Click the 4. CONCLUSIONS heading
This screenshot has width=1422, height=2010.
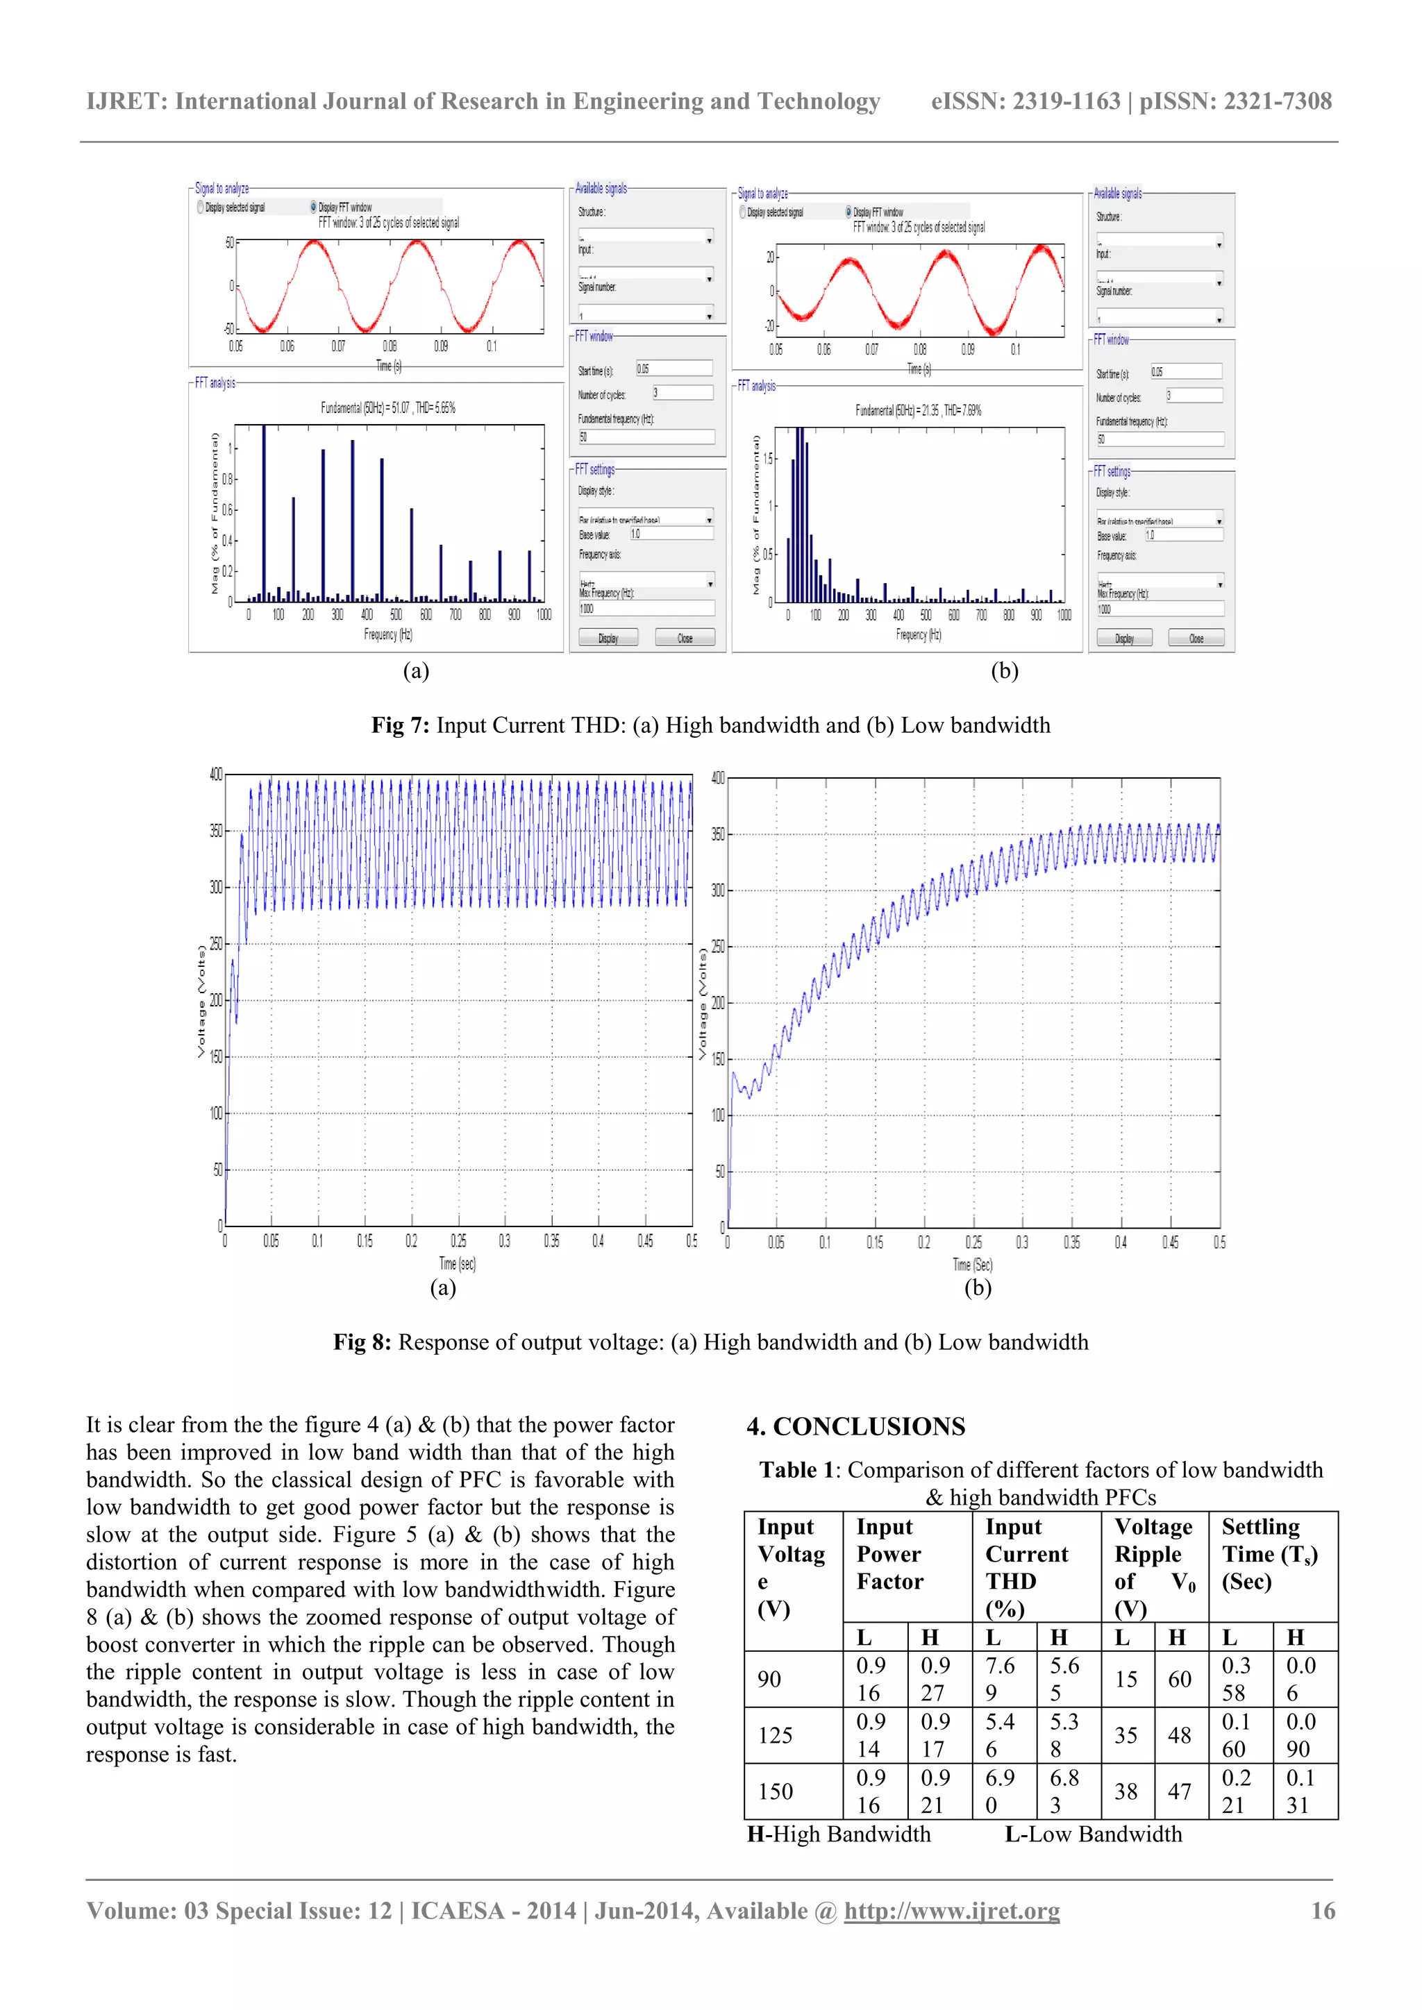pyautogui.click(x=855, y=1427)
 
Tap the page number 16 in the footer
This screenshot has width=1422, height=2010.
pyautogui.click(x=1322, y=1910)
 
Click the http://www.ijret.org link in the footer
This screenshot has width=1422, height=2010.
pyautogui.click(x=951, y=1910)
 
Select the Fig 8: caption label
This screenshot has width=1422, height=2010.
pyautogui.click(x=362, y=1342)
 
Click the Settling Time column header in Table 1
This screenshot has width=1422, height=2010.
pyautogui.click(x=1270, y=1554)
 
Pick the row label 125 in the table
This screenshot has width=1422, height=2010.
pyautogui.click(x=775, y=1735)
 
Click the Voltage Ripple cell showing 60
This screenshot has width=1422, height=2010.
pyautogui.click(x=1180, y=1679)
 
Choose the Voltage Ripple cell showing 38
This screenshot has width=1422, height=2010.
pyautogui.click(x=1126, y=1791)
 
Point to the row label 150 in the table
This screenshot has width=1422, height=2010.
pyautogui.click(x=775, y=1791)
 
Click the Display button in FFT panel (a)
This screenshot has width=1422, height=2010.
pyautogui.click(x=608, y=639)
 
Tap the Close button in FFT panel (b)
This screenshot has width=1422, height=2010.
pyautogui.click(x=1196, y=639)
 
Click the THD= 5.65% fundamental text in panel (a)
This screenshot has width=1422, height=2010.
pyautogui.click(x=435, y=408)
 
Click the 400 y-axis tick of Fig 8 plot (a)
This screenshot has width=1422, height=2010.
pyautogui.click(x=215, y=774)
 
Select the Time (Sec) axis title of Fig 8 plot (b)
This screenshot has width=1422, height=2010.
pyautogui.click(x=972, y=1265)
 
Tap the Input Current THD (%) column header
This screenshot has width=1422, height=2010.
pyautogui.click(x=1026, y=1567)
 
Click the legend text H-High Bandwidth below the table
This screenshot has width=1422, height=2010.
pyautogui.click(x=839, y=1834)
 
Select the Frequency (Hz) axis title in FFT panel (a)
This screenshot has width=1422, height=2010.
pyautogui.click(x=388, y=634)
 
